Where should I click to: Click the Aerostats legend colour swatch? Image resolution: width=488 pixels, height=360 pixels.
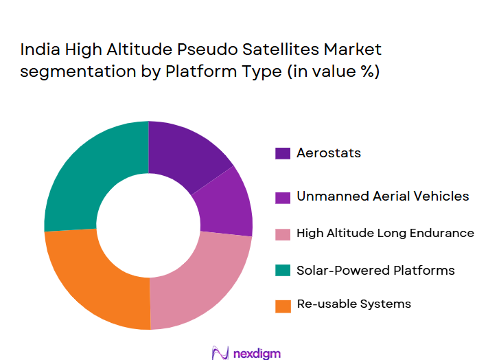(283, 153)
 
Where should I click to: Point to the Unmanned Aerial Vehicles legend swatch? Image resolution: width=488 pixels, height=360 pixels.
(283, 197)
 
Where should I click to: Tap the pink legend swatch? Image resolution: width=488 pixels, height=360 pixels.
(283, 234)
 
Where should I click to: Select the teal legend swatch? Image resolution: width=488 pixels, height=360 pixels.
(283, 271)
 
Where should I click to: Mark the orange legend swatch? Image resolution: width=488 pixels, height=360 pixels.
(283, 304)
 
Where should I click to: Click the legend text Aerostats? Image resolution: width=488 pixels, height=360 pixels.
(329, 153)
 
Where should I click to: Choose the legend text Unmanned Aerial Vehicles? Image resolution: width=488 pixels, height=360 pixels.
(383, 196)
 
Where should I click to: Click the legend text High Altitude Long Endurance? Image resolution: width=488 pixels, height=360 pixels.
(385, 233)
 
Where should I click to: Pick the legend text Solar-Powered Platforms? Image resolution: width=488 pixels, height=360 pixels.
(375, 270)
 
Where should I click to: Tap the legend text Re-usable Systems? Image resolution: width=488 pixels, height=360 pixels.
(354, 304)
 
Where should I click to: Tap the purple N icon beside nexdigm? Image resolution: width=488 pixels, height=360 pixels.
(220, 352)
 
